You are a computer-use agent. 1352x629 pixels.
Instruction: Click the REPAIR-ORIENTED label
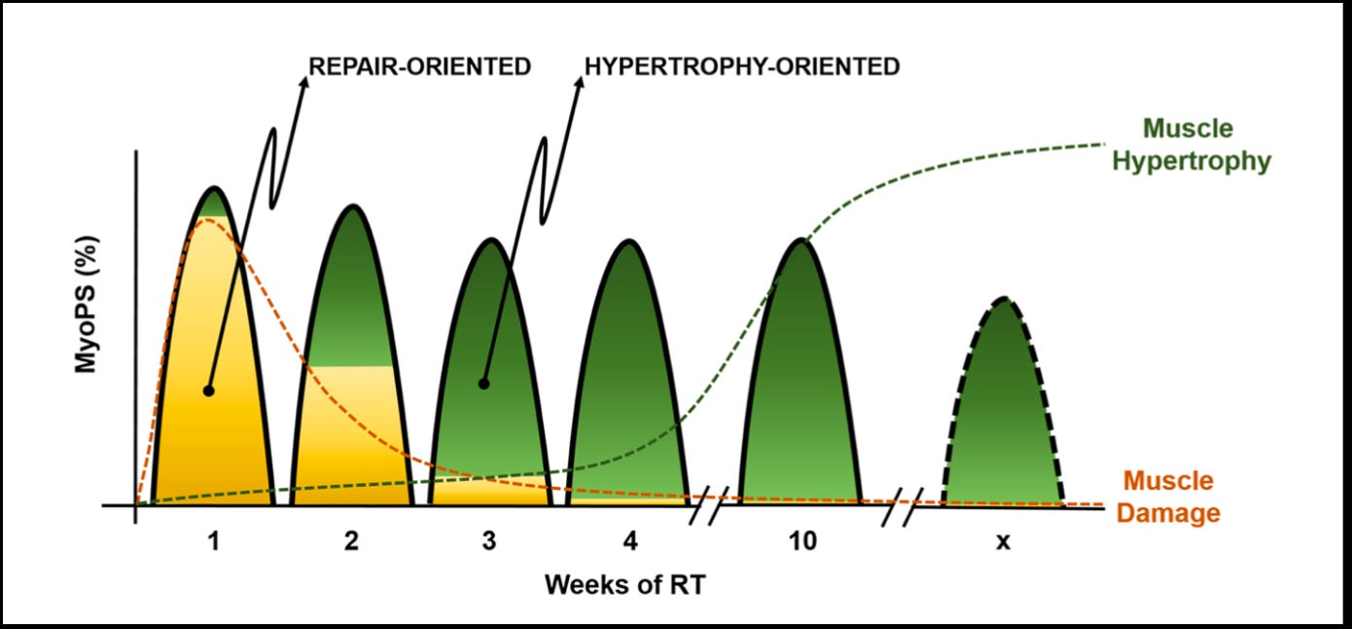419,66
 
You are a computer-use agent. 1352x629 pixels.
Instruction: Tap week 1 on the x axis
213,541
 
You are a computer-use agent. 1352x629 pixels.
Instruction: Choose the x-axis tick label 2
351,541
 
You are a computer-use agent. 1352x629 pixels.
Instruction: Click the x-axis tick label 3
488,541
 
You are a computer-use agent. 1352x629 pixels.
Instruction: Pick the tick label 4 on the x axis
628,541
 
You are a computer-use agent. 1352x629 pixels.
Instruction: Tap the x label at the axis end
1003,541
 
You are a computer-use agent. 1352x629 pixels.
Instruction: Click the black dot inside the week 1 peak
208,390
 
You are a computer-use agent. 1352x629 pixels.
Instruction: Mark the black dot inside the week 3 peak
483,384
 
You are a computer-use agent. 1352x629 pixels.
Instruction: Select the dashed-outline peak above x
1003,409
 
